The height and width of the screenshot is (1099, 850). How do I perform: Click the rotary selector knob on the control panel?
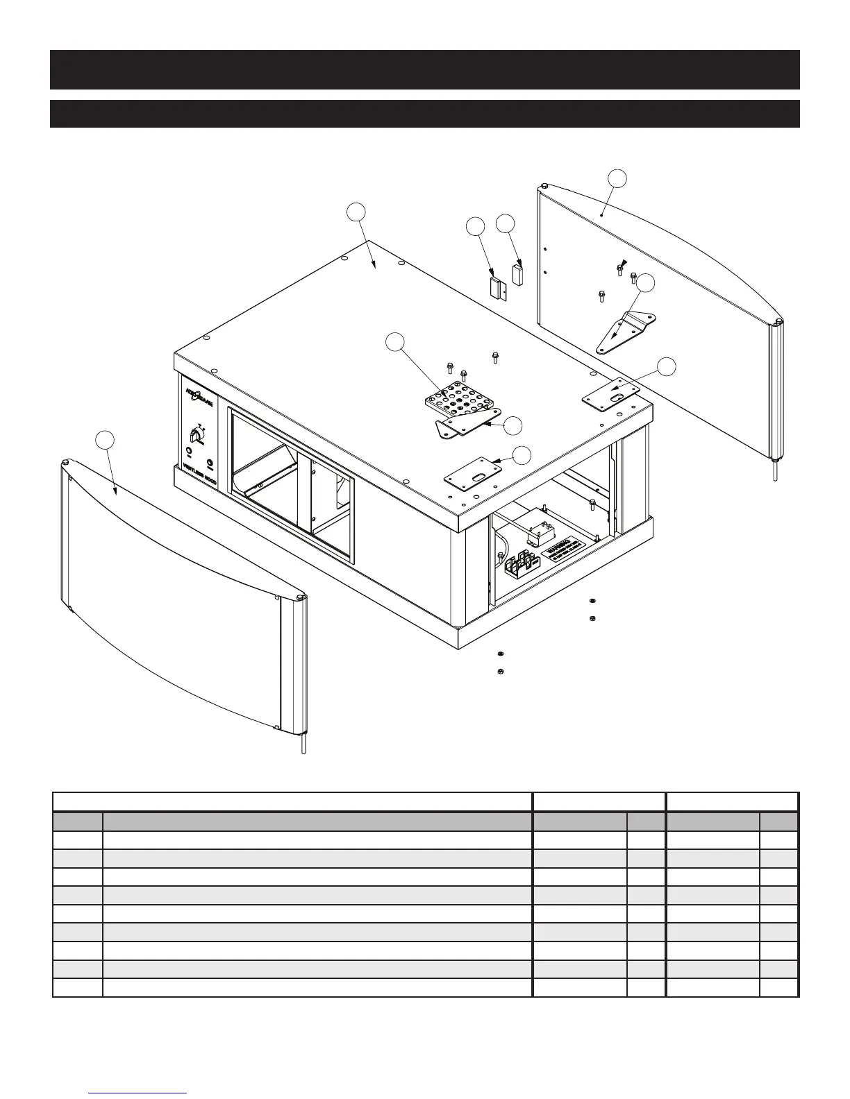click(196, 435)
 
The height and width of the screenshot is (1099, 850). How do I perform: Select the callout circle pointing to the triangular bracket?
click(647, 282)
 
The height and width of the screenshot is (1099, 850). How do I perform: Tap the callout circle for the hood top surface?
click(357, 212)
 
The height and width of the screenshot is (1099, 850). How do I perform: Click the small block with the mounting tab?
click(496, 287)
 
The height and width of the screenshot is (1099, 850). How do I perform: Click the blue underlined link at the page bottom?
click(138, 1093)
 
